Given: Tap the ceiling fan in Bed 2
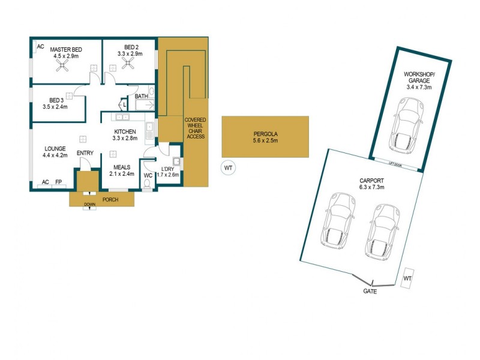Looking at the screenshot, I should click(128, 68).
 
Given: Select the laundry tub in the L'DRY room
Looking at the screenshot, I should click(176, 162).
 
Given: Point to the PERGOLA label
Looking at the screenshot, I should click(265, 133).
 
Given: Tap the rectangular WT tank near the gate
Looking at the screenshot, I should click(407, 278).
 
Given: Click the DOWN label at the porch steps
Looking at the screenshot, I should click(89, 203).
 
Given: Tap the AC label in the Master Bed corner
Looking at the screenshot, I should click(40, 46).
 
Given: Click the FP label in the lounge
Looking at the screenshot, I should click(59, 182).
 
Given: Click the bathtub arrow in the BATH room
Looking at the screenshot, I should click(144, 106).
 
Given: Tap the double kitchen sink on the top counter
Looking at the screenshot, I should click(150, 128).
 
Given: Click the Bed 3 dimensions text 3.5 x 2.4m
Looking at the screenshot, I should click(55, 107).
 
